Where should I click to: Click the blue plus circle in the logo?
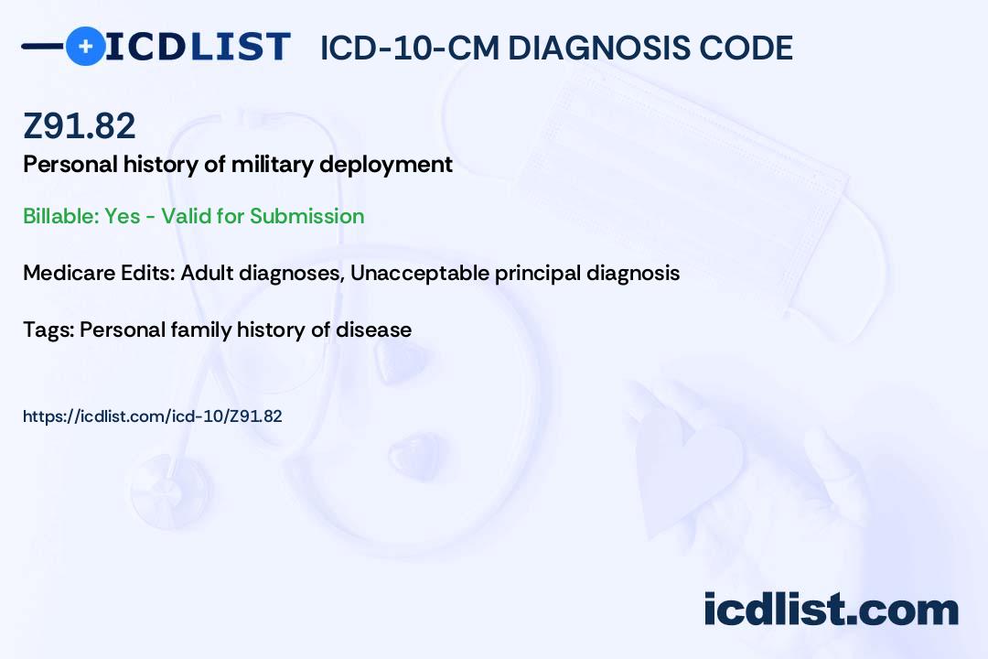86,46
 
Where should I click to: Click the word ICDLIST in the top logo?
198,47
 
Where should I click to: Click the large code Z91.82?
80,125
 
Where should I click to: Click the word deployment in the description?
386,166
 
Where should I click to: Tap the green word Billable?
60,216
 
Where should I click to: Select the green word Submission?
306,216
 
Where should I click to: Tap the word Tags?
48,329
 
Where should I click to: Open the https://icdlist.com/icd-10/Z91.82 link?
153,416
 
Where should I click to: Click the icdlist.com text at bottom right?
831,610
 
